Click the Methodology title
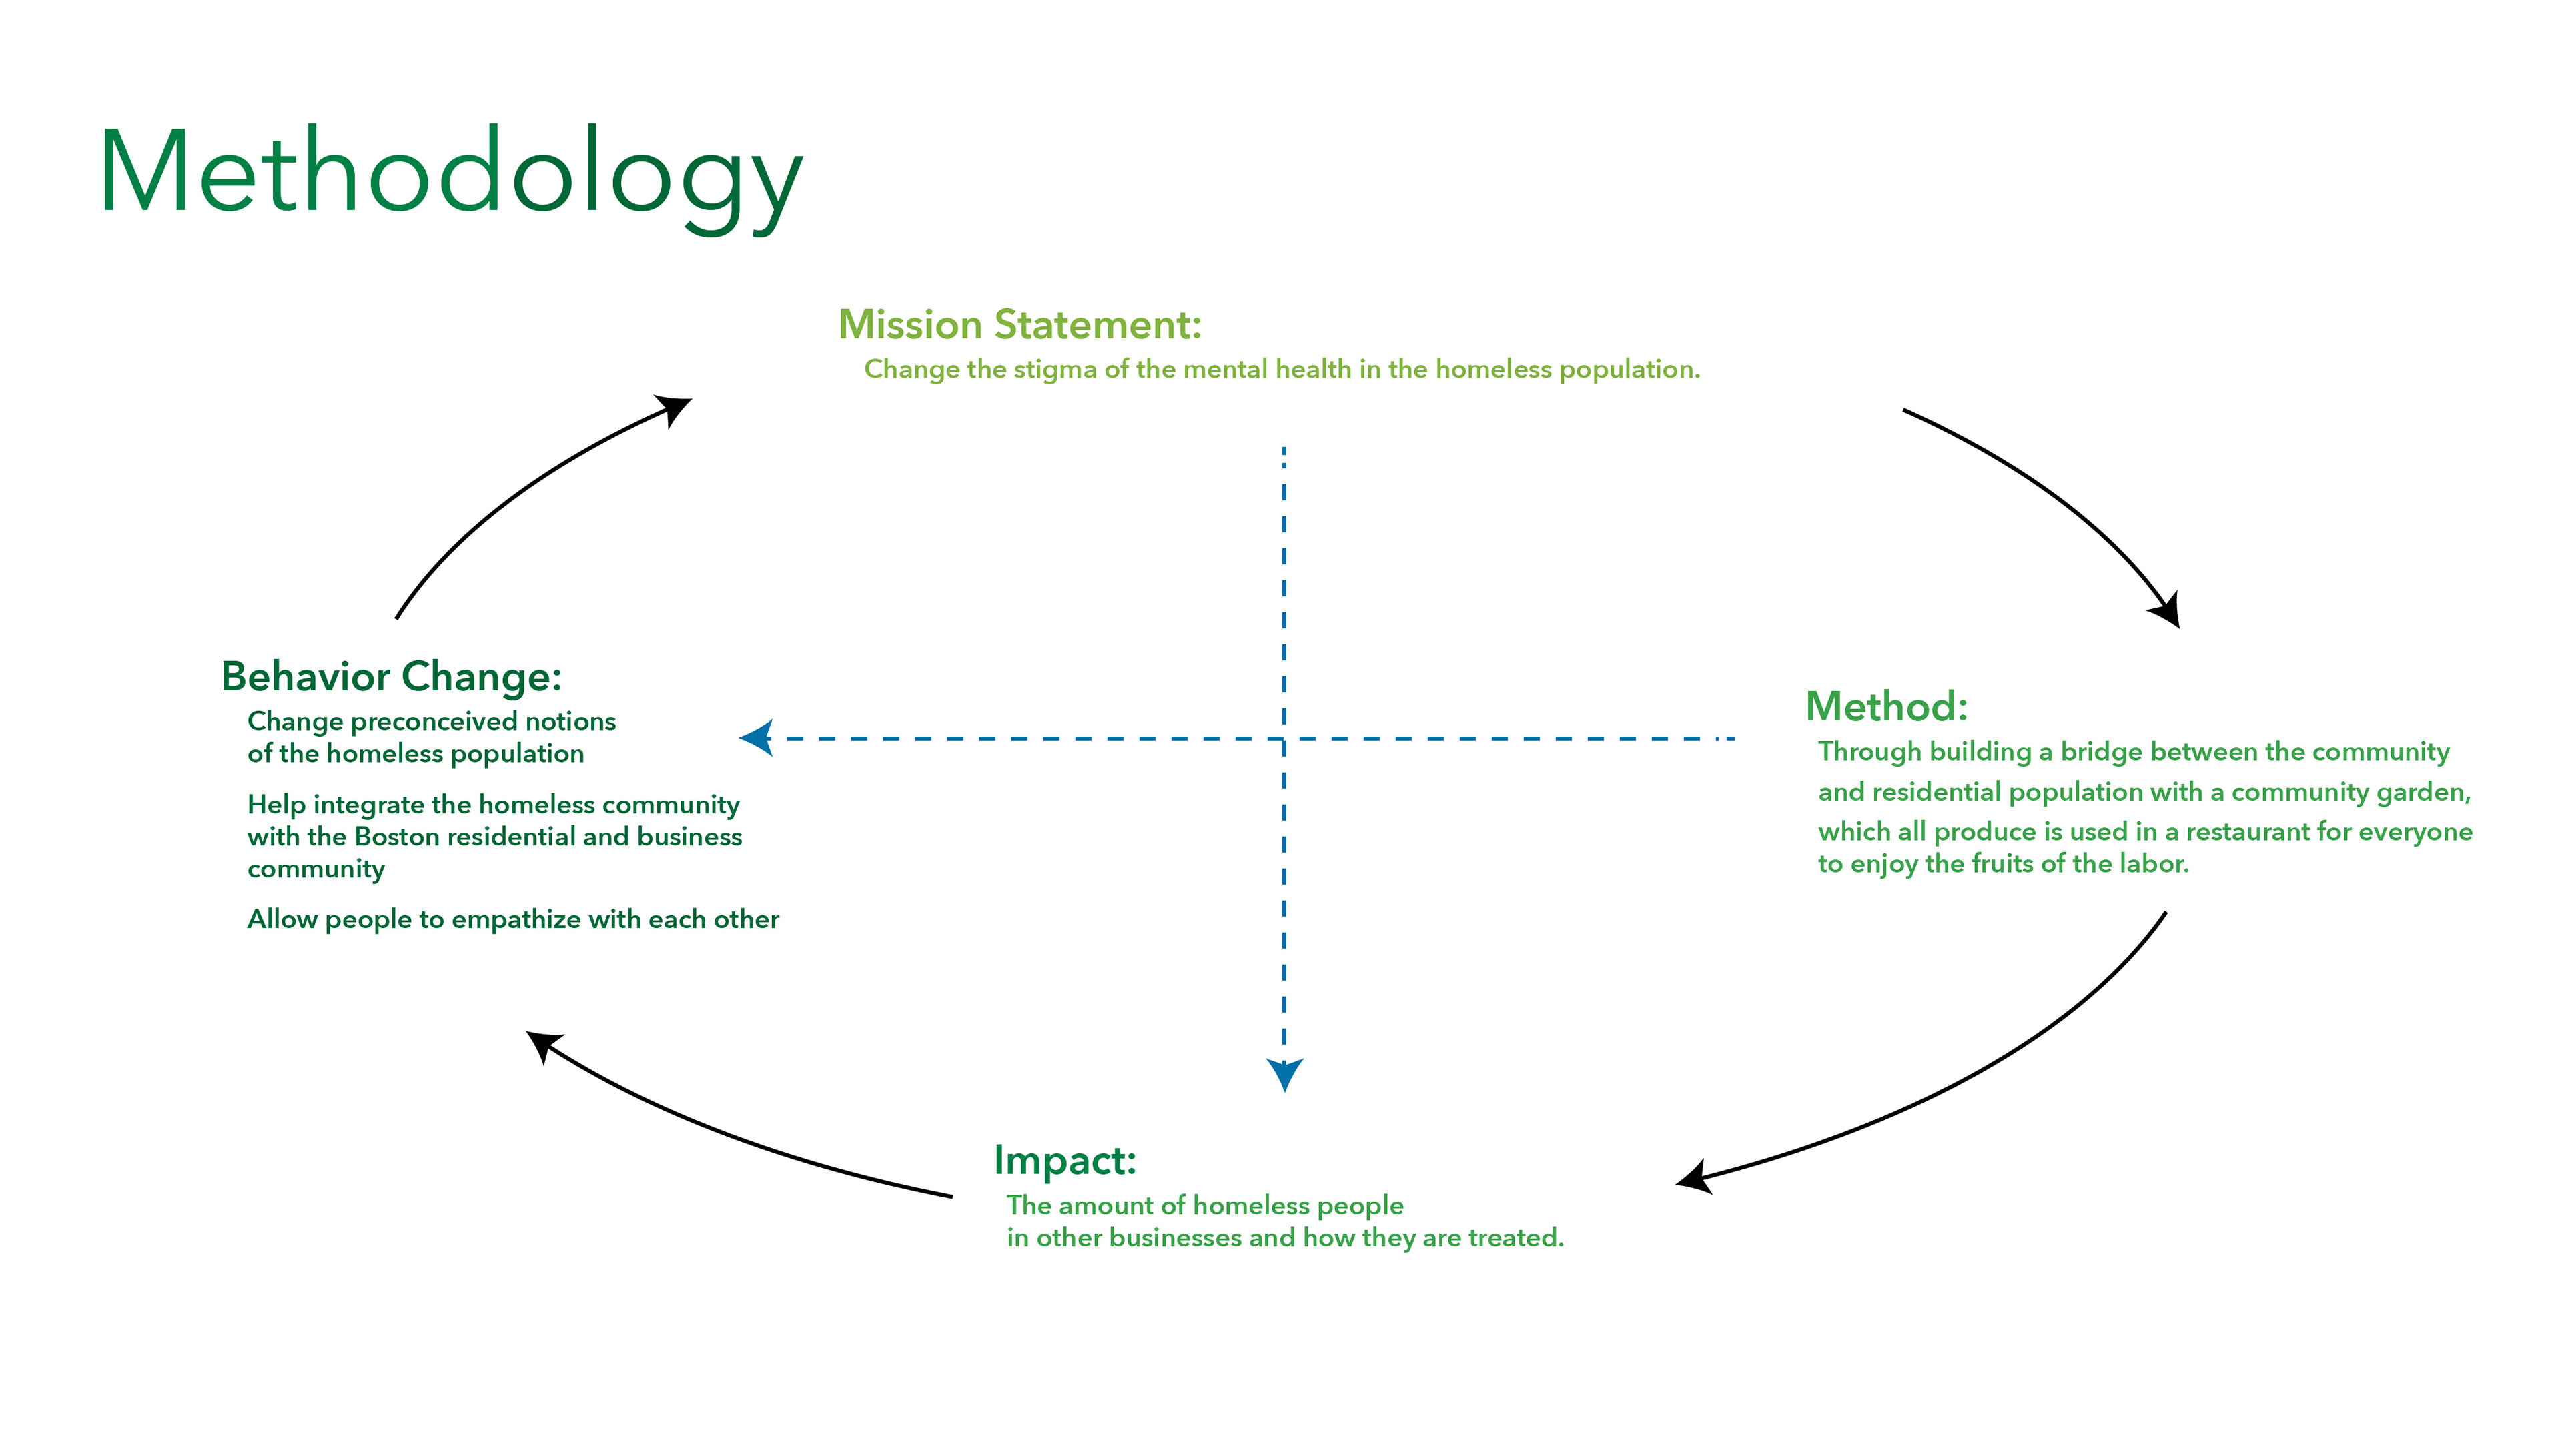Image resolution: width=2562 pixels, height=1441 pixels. click(450, 174)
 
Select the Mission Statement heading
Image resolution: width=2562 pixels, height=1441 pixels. click(1019, 325)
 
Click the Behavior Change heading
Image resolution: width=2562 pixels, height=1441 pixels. click(391, 677)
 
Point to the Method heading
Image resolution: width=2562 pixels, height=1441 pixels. click(1885, 708)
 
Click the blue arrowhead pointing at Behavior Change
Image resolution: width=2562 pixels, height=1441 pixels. click(758, 738)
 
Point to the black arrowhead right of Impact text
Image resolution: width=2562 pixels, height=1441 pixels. click(1694, 1178)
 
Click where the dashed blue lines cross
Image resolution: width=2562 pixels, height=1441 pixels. click(1284, 738)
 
